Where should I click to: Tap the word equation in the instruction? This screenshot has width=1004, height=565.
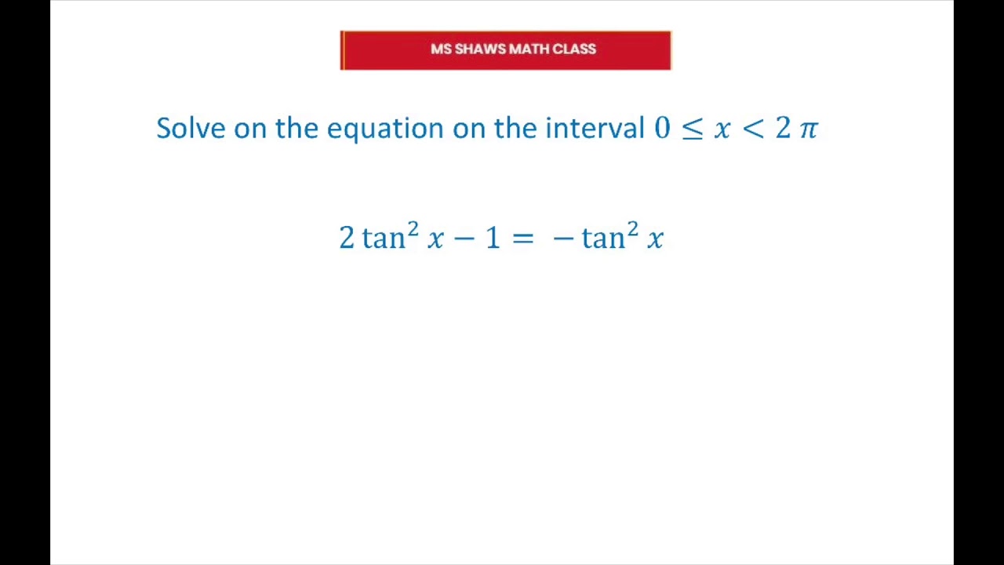coord(385,129)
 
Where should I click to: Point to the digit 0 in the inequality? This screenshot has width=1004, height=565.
coord(662,129)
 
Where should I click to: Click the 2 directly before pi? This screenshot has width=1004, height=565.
coord(783,129)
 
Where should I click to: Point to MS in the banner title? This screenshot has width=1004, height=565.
coord(441,49)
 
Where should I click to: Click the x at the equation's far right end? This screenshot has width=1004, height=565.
coord(656,239)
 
